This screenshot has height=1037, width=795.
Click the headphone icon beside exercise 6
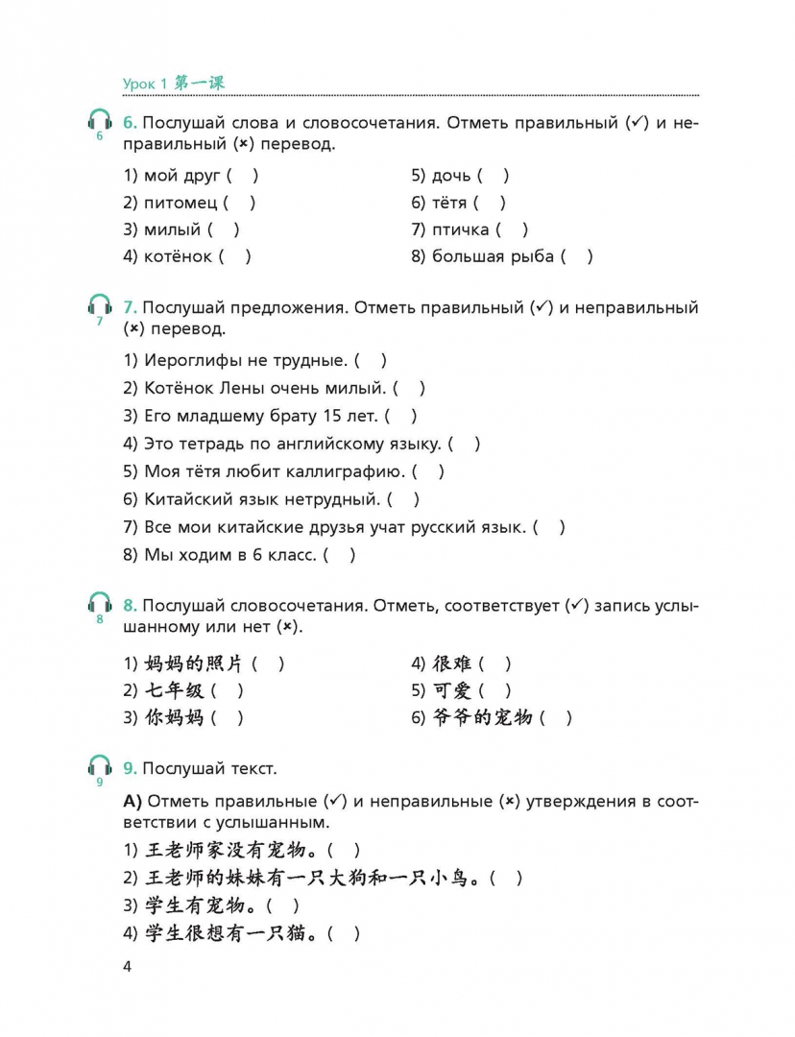click(x=99, y=122)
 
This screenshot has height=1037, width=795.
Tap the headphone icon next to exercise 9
click(x=99, y=766)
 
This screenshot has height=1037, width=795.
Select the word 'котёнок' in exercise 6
click(x=178, y=256)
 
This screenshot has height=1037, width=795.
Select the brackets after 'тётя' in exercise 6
click(x=490, y=203)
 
